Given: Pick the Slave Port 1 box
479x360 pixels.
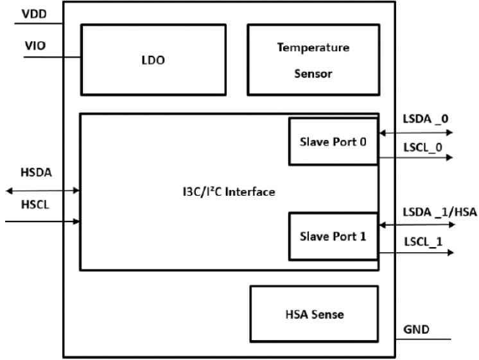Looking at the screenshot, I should pyautogui.click(x=333, y=236).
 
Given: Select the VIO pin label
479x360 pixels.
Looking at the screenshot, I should pyautogui.click(x=34, y=46).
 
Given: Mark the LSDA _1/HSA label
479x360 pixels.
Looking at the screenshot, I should pyautogui.click(x=439, y=213).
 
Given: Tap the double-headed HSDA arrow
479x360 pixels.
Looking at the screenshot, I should pyautogui.click(x=42, y=190).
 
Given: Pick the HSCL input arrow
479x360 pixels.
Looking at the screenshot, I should pyautogui.click(x=42, y=222).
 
